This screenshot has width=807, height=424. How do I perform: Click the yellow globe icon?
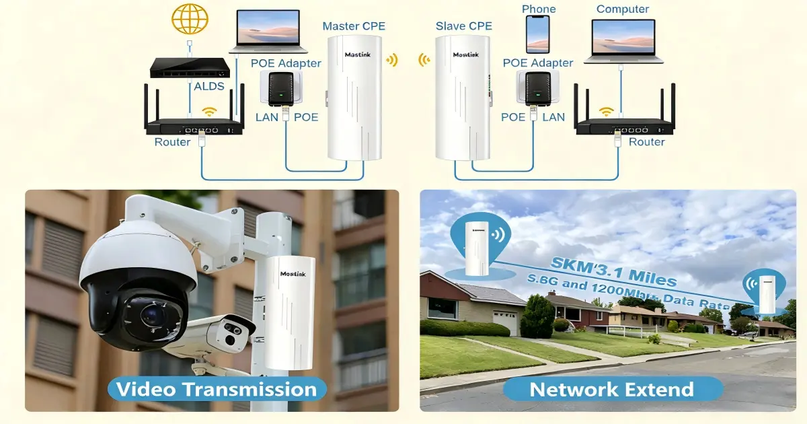pos(190,18)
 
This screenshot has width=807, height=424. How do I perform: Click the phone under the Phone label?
pos(537,34)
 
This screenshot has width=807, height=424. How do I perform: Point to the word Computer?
pos(623,9)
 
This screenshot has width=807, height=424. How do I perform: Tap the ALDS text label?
pos(208,87)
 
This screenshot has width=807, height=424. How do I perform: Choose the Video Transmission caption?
pos(216,389)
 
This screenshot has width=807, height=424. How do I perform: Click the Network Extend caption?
pos(611,389)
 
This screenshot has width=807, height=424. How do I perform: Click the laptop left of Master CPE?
pos(268,32)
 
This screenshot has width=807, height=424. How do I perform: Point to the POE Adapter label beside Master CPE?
pos(286,63)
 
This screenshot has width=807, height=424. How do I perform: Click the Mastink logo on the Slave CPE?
pos(465,55)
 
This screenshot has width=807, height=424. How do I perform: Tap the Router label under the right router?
pos(646,142)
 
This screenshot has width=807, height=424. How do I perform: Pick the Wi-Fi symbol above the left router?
pos(210,111)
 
